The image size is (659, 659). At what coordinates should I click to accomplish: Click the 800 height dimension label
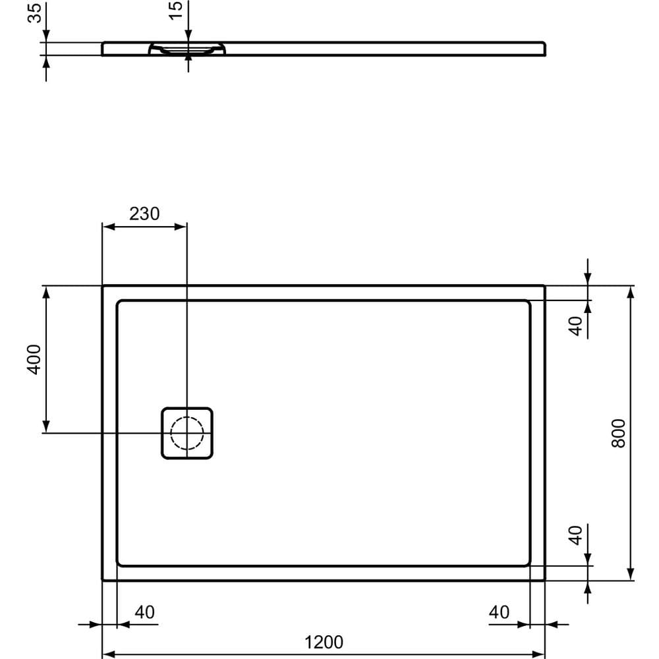tap(618, 433)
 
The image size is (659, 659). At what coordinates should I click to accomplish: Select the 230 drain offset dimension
tap(144, 214)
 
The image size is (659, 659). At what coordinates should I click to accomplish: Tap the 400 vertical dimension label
tap(34, 358)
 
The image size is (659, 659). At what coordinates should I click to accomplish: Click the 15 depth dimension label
tap(176, 11)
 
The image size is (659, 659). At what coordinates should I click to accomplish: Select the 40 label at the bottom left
tap(144, 612)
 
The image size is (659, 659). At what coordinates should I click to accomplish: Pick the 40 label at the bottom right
tap(499, 612)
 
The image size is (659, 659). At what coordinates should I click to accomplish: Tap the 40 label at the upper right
tap(577, 326)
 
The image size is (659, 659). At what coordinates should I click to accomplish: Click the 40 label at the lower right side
tap(577, 534)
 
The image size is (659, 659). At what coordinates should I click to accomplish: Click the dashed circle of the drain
tap(187, 433)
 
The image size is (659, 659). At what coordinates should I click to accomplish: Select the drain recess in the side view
tap(188, 49)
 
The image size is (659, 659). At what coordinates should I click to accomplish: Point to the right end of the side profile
tap(544, 49)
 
